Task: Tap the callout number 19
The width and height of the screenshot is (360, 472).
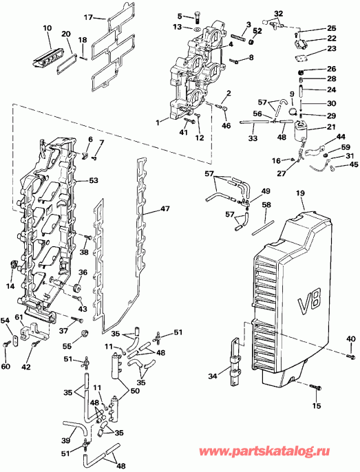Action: pyautogui.click(x=300, y=195)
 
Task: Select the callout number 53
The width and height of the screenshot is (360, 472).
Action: pyautogui.click(x=94, y=180)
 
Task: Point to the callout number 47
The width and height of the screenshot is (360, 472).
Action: pyautogui.click(x=165, y=208)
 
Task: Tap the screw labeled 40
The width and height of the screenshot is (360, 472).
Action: pyautogui.click(x=348, y=354)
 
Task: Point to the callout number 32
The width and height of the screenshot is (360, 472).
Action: pyautogui.click(x=278, y=13)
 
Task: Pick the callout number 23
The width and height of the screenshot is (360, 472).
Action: pyautogui.click(x=332, y=49)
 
